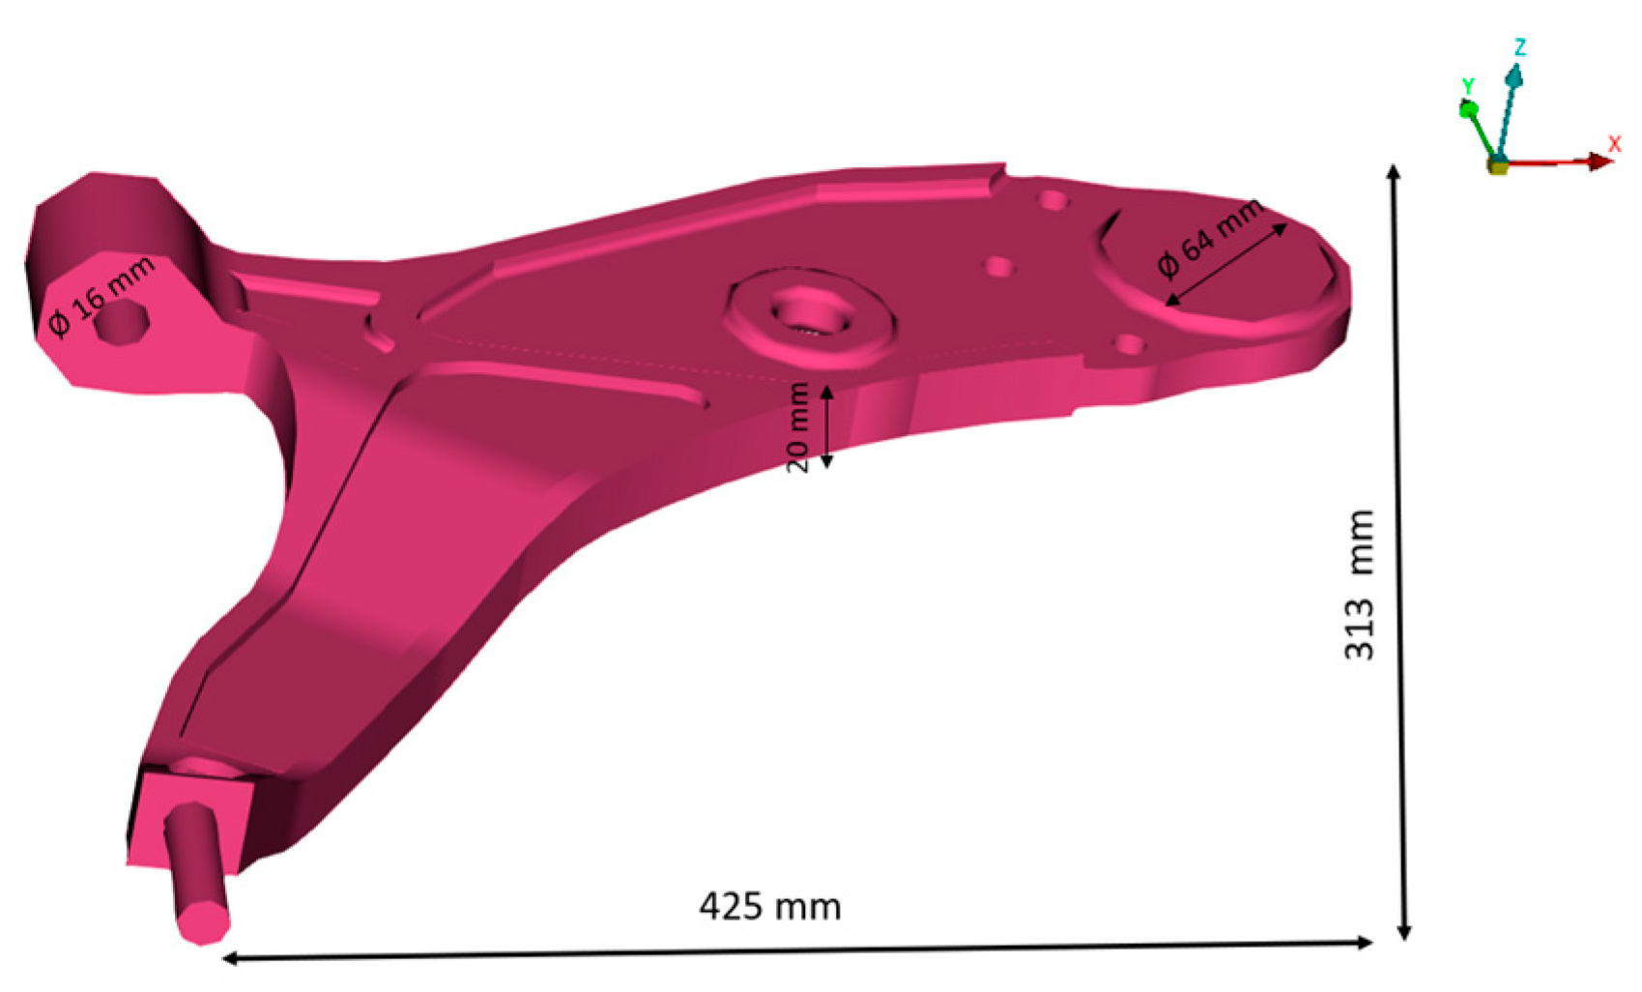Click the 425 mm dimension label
(769, 907)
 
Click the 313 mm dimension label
(1359, 584)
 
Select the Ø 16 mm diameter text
(101, 296)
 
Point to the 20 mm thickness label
(797, 426)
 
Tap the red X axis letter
(1614, 143)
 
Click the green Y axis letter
(1468, 86)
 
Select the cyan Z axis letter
(1520, 47)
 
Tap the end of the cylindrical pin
(204, 921)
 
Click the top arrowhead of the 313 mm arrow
(1393, 173)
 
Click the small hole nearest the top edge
(1052, 201)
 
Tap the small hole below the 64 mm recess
(1128, 343)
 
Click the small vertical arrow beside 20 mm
(826, 426)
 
